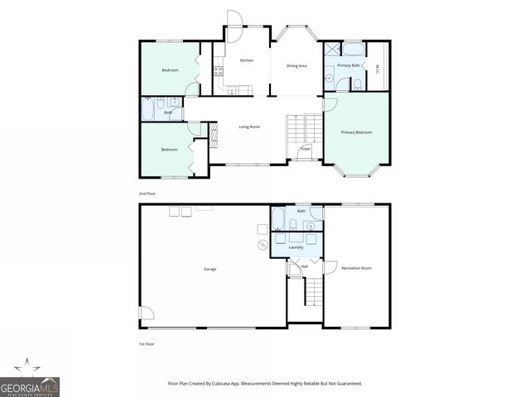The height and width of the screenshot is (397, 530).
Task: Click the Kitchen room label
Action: pyautogui.click(x=246, y=61)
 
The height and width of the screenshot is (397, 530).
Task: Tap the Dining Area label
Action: pyautogui.click(x=297, y=65)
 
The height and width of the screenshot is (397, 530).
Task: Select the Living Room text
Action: pyautogui.click(x=249, y=127)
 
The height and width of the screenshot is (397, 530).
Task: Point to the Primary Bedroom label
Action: pyautogui.click(x=356, y=132)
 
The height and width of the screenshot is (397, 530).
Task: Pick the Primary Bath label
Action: pyautogui.click(x=349, y=65)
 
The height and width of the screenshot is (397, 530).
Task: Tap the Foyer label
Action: pyautogui.click(x=305, y=149)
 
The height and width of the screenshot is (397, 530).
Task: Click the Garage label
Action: pyautogui.click(x=210, y=269)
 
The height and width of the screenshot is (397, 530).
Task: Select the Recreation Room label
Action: pyautogui.click(x=356, y=268)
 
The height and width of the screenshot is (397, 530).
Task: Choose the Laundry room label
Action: pyautogui.click(x=296, y=246)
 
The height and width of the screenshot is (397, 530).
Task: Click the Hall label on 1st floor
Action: pyautogui.click(x=304, y=266)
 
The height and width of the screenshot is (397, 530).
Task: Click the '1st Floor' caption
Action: pyautogui.click(x=147, y=343)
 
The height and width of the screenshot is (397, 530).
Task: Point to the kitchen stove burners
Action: pyautogui.click(x=217, y=71)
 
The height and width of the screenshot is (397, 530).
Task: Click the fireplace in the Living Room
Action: pyautogui.click(x=213, y=136)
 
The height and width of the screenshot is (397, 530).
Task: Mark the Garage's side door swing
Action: pyautogui.click(x=147, y=313)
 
